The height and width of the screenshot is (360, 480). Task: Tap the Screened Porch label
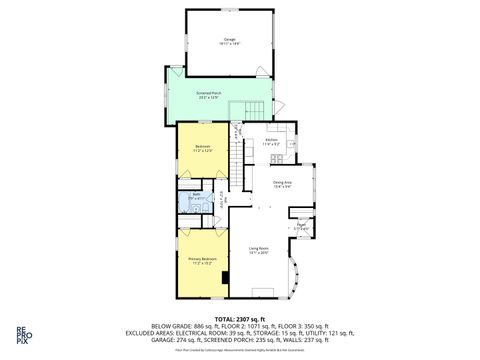click(209, 96)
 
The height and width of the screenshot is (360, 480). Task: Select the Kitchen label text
click(271, 142)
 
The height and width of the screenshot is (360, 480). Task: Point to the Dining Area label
click(282, 185)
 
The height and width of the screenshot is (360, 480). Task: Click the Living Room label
click(258, 250)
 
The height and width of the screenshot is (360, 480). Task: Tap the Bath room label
click(196, 196)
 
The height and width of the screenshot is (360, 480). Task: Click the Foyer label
click(301, 227)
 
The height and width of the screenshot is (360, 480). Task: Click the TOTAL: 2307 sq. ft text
click(240, 317)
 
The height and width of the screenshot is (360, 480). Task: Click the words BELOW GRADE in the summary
click(170, 326)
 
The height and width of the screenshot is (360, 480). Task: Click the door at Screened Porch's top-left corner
click(176, 71)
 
